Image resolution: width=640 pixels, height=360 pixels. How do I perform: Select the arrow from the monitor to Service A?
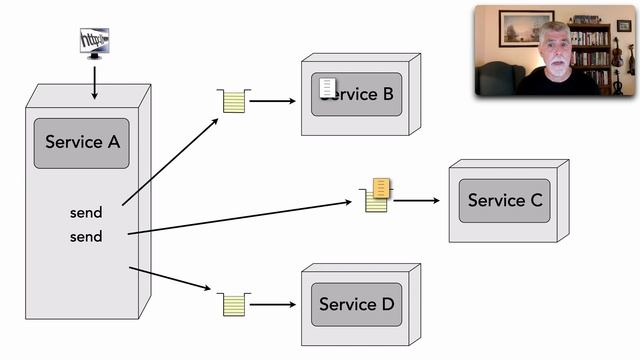94,82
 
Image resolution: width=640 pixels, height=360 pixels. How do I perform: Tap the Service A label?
82,142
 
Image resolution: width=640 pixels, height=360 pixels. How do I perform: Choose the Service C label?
505,200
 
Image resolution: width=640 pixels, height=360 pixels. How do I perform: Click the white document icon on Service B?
327,88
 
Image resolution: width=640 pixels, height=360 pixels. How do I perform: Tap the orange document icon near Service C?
381,187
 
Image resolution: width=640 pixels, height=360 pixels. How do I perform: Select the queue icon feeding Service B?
233,101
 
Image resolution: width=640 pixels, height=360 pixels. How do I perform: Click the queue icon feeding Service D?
233,304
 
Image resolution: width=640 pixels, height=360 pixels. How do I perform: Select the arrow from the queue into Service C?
416,200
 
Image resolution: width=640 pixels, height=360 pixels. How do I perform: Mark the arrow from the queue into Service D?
274,304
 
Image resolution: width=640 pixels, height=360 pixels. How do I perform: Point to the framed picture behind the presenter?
526,27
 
